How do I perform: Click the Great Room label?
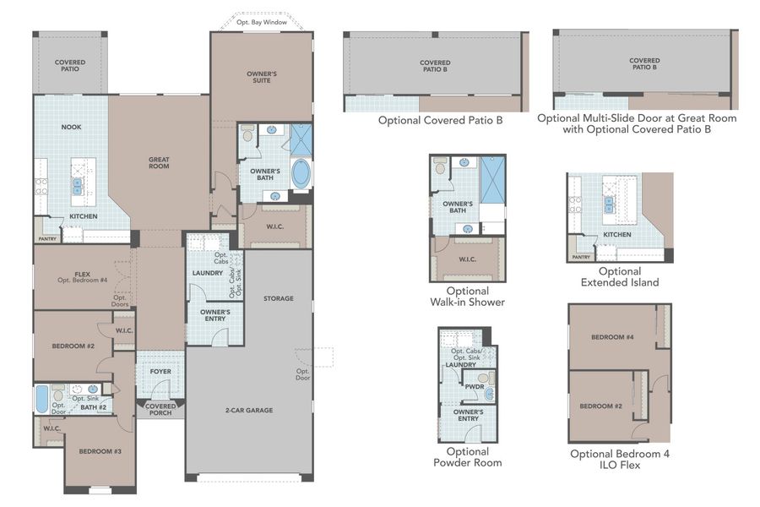(x=159, y=161)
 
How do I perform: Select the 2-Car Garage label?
(x=248, y=410)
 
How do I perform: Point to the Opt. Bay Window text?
(x=261, y=23)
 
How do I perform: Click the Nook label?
(x=71, y=128)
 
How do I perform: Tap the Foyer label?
(x=160, y=371)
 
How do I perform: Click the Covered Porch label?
(x=160, y=409)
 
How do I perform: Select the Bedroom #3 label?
(x=100, y=451)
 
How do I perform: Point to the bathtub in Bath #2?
(x=43, y=399)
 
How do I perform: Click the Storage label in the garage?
(x=278, y=298)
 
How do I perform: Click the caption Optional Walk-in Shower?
(x=468, y=297)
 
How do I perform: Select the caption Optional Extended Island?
(x=619, y=276)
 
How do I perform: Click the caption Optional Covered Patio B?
(x=440, y=121)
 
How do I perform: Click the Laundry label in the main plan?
(x=207, y=273)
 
